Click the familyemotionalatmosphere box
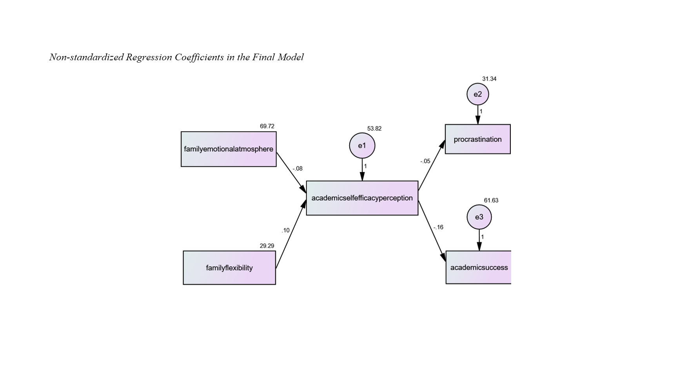pyautogui.click(x=229, y=149)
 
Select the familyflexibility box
pyautogui.click(x=229, y=268)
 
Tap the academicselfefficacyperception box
pyautogui.click(x=362, y=198)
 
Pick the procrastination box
pyautogui.click(x=477, y=139)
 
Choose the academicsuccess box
pyautogui.click(x=479, y=267)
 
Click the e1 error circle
pyautogui.click(x=362, y=146)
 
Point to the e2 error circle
pyautogui.click(x=477, y=94)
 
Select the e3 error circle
pyautogui.click(x=479, y=217)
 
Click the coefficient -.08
pyautogui.click(x=298, y=169)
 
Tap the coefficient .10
pyautogui.click(x=285, y=231)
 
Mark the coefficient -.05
pyautogui.click(x=425, y=161)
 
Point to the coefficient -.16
pyautogui.click(x=438, y=227)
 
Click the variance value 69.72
pyautogui.click(x=267, y=126)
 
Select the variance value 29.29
pyautogui.click(x=267, y=246)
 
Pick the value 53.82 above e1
pyautogui.click(x=374, y=129)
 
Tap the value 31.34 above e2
pyautogui.click(x=489, y=79)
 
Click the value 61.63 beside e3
pyautogui.click(x=491, y=201)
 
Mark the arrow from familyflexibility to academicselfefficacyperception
pyautogui.click(x=291, y=234)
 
